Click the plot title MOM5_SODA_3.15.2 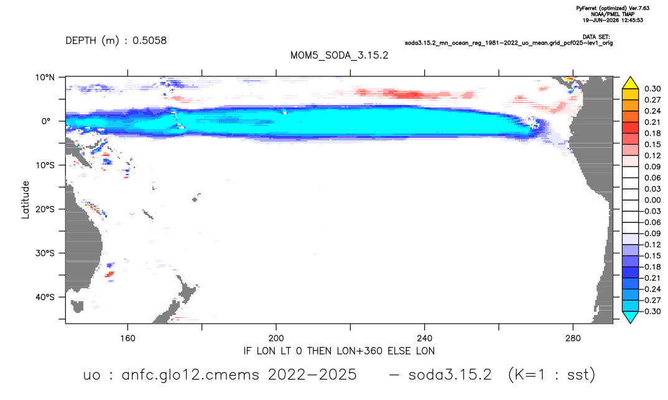pos(339,55)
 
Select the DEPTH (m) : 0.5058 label pos(116,40)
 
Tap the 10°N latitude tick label pos(45,77)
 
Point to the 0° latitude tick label pos(46,121)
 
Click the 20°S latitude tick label pos(45,209)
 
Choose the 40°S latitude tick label pos(45,297)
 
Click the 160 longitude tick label pos(128,339)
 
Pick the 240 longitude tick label pos(425,339)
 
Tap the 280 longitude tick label pos(573,339)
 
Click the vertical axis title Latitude pos(26,200)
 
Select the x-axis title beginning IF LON pos(339,351)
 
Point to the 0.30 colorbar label pos(652,89)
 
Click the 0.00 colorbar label pos(652,200)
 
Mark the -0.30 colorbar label pos(650,311)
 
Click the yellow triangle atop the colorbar pos(630,83)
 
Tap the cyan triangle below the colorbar pos(630,317)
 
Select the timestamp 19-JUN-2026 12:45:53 pos(613,20)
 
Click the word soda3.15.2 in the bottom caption pos(450,375)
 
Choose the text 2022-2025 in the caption pos(312,375)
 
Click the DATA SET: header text pos(596,37)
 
